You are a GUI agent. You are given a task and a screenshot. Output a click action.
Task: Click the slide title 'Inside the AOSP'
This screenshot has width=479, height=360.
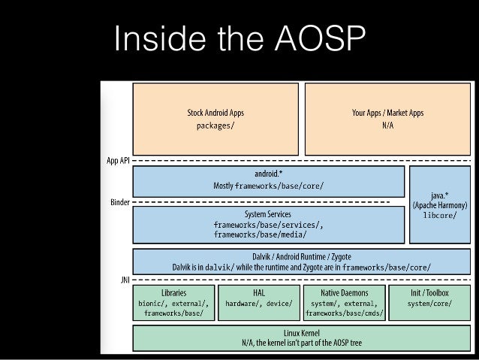coord(239,38)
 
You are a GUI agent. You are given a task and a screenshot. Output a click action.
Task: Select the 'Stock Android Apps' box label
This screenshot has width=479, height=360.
coord(215,113)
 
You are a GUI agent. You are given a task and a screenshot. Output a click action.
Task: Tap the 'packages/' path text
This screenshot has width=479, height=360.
coord(215,126)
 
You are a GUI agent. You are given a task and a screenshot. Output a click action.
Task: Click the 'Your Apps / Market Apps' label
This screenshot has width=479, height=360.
coord(387,113)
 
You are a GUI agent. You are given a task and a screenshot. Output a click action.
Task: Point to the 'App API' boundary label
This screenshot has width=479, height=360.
coord(118,161)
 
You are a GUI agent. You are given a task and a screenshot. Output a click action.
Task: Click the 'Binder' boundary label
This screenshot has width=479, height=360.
coord(120,202)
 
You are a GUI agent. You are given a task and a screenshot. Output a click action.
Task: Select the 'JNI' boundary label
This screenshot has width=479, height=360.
coord(125,280)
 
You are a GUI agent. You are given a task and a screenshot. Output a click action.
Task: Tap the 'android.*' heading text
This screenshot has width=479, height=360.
coord(269,174)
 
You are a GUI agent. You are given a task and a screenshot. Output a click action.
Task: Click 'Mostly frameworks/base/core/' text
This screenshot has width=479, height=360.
coord(269,186)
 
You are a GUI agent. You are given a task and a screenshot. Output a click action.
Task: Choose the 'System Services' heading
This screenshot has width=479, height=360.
coord(268,214)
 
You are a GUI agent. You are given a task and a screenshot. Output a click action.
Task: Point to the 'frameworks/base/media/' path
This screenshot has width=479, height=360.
coord(260,234)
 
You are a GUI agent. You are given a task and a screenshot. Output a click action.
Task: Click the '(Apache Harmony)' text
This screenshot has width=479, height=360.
coord(440,205)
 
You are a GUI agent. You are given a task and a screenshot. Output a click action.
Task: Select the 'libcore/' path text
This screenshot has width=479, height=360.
coord(440,216)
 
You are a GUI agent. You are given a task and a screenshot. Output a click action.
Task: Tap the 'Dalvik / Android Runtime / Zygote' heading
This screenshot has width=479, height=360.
coord(302,256)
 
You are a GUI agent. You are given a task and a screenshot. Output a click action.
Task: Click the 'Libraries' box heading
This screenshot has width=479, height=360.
coord(174,292)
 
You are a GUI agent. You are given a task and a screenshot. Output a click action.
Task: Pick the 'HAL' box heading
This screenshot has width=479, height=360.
coord(259,292)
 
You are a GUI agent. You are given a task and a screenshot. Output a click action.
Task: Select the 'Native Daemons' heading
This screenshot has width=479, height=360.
coord(345,292)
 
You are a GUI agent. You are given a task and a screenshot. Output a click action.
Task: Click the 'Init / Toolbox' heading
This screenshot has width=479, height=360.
coord(429,292)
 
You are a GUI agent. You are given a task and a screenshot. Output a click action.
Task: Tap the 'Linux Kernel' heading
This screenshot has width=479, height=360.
coord(302,333)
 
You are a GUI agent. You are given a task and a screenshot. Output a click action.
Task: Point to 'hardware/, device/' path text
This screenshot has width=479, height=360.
coord(259,304)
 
